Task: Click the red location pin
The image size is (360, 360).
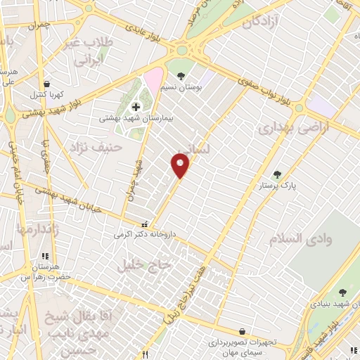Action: pyautogui.click(x=180, y=165)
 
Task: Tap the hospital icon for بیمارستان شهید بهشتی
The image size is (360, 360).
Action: pyautogui.click(x=136, y=107)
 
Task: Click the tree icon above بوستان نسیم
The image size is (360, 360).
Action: pyautogui.click(x=181, y=75)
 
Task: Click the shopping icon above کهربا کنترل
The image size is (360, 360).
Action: pyautogui.click(x=46, y=84)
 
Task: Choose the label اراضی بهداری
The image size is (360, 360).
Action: pyautogui.click(x=285, y=129)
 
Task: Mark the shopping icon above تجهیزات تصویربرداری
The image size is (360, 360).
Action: pyautogui.click(x=243, y=331)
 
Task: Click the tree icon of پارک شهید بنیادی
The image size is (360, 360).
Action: pyautogui.click(x=342, y=292)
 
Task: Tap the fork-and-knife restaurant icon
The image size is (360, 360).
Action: pyautogui.click(x=145, y=354)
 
